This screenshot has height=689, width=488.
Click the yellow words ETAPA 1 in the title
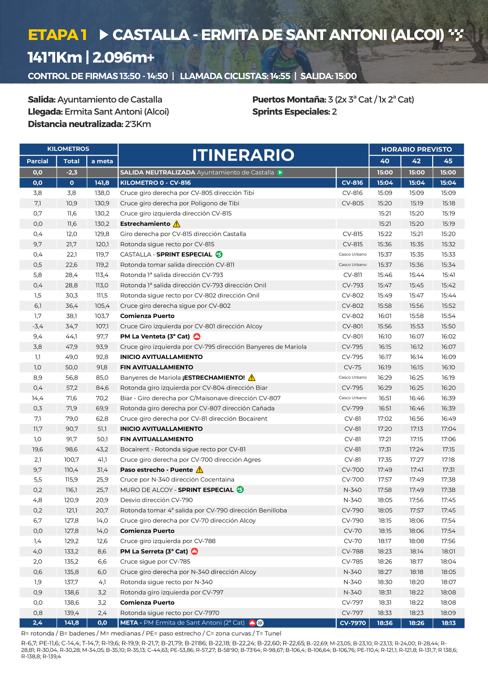pos(57,35)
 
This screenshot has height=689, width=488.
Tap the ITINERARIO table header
pos(243,155)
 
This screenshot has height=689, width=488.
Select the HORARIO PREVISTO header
pos(416,149)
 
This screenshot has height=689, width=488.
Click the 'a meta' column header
pos(102,161)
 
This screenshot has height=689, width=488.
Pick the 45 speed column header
pos(448,161)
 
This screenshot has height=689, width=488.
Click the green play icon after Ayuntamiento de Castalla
pos(280,173)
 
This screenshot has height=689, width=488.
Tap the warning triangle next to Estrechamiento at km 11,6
pos(177,224)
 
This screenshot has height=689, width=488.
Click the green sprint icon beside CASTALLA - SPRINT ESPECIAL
pos(219,254)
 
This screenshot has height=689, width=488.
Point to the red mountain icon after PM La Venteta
pos(197,337)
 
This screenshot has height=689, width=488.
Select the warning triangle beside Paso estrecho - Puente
pos(200,470)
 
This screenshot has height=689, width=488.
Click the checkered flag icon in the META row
pos(260,623)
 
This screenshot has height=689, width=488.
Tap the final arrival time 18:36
pos(384,623)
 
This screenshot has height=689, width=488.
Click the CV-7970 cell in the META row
pos(352,623)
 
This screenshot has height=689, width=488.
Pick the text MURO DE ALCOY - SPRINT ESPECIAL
pos(177,490)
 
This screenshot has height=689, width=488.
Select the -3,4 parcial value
pos(38,326)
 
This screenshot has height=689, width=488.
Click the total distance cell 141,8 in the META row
pos(71,623)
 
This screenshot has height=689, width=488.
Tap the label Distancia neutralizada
pos(75,124)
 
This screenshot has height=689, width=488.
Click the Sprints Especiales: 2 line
pos(294,112)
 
